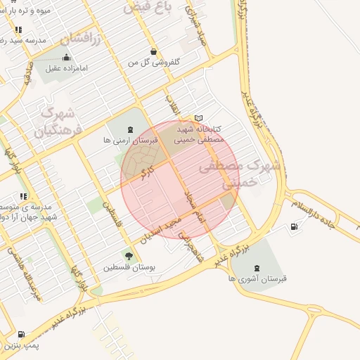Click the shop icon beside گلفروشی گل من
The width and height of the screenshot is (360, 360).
point(153,51)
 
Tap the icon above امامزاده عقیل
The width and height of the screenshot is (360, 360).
point(66,57)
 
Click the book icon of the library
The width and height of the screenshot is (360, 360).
point(198,118)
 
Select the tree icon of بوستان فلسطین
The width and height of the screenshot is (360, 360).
point(128,255)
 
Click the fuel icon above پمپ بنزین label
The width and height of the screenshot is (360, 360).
point(20,334)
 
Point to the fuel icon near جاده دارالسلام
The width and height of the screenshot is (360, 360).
point(292,226)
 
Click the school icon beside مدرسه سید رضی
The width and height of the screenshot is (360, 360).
point(18,30)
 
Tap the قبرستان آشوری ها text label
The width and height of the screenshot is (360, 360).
point(258,279)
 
